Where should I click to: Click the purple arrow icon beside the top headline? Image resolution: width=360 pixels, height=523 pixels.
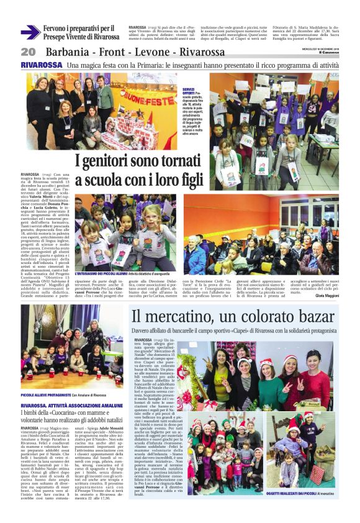(x=30, y=32)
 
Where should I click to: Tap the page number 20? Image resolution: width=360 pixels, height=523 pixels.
(x=28, y=52)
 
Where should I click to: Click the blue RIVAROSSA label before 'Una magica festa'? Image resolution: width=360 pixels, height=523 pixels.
(x=40, y=65)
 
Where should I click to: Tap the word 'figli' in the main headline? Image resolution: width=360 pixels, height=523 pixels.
(x=190, y=180)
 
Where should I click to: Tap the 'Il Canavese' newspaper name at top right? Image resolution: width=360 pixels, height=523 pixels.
(x=328, y=52)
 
